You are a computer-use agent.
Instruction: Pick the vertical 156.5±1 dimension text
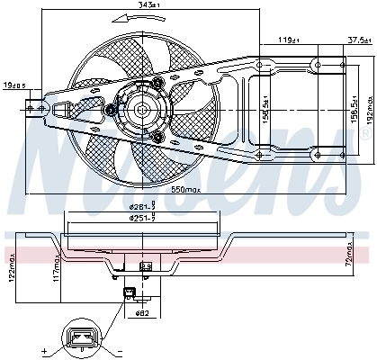coord(265,108)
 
